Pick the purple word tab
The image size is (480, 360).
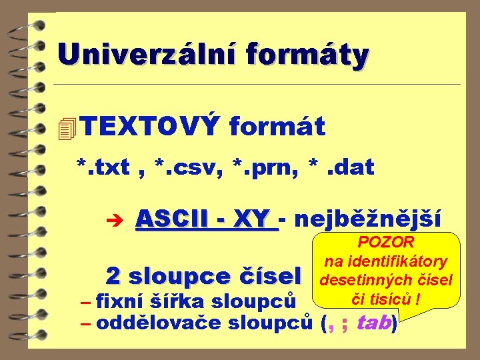(374, 323)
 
